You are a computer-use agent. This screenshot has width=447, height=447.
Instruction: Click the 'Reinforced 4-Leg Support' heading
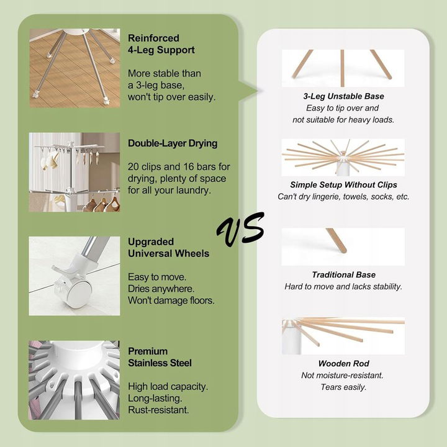tap(161, 44)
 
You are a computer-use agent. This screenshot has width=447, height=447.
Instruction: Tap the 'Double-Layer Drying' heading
tap(173, 143)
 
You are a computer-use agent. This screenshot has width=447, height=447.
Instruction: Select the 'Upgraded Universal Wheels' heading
tap(168, 248)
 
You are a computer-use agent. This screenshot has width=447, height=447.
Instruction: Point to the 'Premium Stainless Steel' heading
tap(160, 357)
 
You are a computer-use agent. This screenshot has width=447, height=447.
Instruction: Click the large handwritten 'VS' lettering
tap(240, 230)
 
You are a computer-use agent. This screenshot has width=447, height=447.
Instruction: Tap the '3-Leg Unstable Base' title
tap(343, 96)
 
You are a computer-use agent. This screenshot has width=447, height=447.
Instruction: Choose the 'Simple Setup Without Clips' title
tap(343, 185)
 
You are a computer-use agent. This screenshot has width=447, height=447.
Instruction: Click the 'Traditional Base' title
tap(343, 274)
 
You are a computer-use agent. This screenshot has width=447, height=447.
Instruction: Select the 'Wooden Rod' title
tap(343, 363)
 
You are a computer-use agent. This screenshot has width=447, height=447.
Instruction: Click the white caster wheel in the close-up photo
tap(76, 294)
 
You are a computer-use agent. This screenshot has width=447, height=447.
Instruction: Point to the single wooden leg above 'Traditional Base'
tap(336, 240)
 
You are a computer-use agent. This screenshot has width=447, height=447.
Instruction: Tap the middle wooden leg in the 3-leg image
tap(342, 68)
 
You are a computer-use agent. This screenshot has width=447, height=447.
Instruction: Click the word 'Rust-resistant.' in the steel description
tap(158, 410)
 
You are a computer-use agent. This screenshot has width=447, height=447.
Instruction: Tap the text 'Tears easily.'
tap(343, 387)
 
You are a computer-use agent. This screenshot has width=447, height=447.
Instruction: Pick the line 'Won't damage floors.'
tap(171, 300)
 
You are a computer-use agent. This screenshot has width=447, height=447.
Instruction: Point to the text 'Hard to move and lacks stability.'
tap(343, 286)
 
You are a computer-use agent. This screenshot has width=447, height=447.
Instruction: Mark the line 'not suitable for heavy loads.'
tap(343, 120)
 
